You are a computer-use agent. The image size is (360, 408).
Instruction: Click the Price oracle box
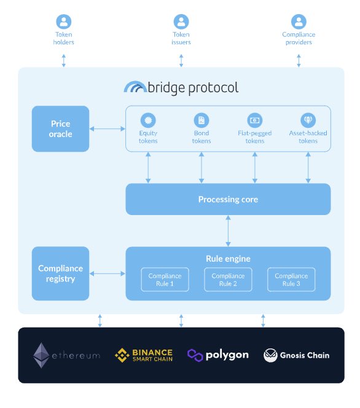[x=60, y=128]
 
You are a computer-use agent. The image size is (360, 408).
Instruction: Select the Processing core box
[x=228, y=199]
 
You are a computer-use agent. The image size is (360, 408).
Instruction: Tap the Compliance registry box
[x=60, y=273]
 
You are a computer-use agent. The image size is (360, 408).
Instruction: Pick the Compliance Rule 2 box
[x=228, y=280]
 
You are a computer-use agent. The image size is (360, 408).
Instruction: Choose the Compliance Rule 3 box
[x=291, y=280]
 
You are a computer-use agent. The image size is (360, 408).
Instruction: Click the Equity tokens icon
[x=148, y=120]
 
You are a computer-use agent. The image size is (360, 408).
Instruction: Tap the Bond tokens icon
[x=202, y=120]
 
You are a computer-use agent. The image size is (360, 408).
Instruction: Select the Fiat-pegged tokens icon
[x=254, y=120]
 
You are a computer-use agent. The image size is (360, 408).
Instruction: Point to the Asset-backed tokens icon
[x=308, y=120]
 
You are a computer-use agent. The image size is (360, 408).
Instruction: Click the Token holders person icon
[x=63, y=22]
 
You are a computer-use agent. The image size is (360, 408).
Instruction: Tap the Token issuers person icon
[x=181, y=22]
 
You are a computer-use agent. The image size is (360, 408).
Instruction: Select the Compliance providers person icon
[x=299, y=22]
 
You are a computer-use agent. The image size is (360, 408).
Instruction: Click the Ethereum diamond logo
[x=42, y=355]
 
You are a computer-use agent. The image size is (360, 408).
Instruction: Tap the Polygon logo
[x=195, y=355]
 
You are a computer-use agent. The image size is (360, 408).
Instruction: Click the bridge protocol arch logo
[x=135, y=87]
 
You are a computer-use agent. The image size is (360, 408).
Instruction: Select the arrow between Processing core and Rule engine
[x=228, y=230]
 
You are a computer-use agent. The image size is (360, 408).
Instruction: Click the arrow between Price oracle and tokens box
[x=107, y=128]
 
